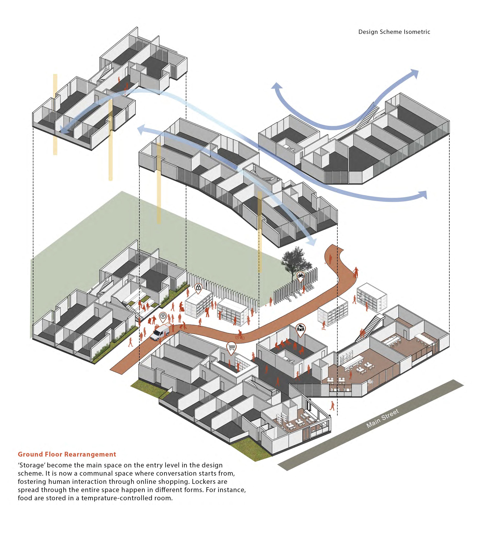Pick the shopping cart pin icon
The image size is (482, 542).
(231, 347)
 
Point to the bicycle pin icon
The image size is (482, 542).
(300, 276)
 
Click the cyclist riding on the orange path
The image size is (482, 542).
(240, 335)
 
